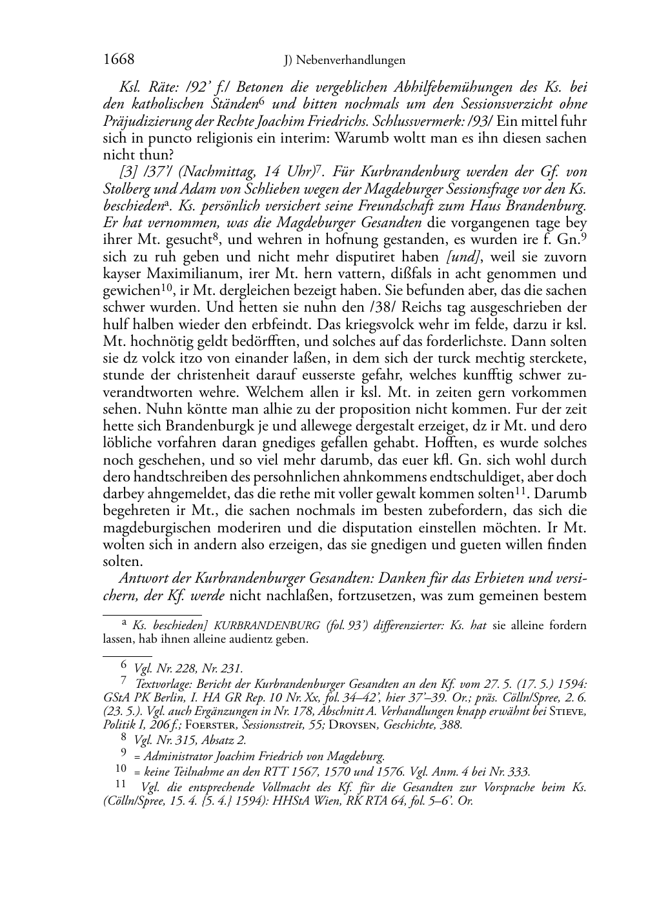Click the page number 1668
click(119, 60)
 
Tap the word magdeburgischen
click(156, 527)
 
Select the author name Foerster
click(183, 725)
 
